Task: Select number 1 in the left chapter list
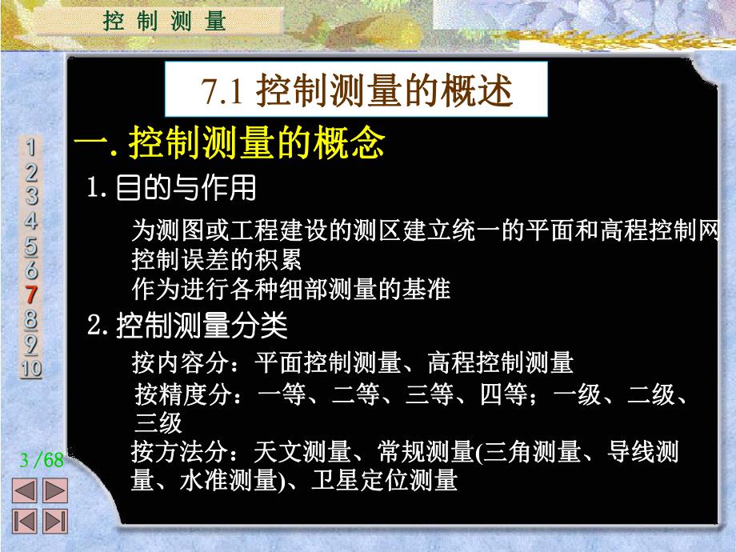31,147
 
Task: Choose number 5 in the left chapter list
31,245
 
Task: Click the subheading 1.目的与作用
172,189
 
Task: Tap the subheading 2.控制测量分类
187,326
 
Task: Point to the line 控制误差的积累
216,260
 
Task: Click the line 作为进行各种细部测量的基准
290,288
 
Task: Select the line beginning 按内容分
352,362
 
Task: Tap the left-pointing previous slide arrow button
27,490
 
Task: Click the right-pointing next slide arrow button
54,490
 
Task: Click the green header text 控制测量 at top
165,21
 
